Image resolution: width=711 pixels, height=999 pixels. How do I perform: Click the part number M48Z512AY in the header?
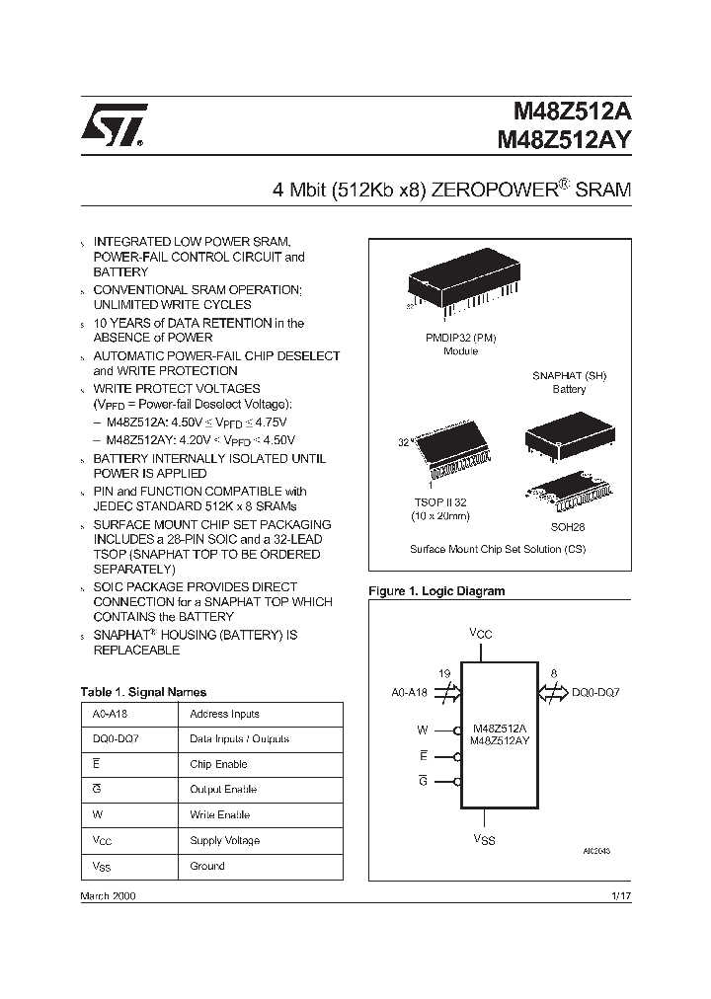pos(557,140)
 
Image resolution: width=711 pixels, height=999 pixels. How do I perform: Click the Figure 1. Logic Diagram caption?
pos(435,591)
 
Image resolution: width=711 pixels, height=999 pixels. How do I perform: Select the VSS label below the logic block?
pos(485,839)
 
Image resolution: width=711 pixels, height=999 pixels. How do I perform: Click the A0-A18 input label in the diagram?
pos(409,692)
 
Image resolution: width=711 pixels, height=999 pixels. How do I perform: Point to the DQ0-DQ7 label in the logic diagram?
pos(594,692)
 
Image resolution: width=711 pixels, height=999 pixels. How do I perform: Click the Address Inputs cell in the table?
pos(224,714)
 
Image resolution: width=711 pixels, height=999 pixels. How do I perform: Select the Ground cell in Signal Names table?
pos(207,866)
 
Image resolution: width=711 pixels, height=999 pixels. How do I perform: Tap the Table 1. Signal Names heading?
pos(143,692)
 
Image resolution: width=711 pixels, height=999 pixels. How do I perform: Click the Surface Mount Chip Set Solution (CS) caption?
pos(498,548)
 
